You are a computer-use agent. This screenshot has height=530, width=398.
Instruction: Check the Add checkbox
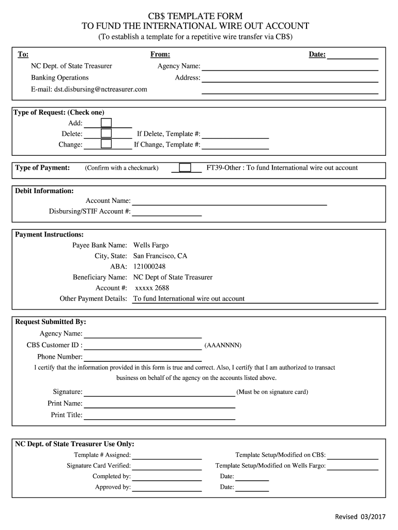(x=106, y=123)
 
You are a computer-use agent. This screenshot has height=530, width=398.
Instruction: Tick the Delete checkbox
(x=106, y=134)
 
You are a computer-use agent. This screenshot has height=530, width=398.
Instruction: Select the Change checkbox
(x=106, y=144)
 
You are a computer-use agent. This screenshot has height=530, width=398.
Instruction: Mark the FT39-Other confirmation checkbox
(x=185, y=168)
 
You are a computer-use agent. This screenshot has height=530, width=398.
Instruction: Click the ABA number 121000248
(x=149, y=267)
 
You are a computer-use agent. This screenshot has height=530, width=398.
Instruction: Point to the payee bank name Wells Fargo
(x=151, y=245)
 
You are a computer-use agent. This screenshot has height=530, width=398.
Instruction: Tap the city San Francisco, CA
(x=160, y=256)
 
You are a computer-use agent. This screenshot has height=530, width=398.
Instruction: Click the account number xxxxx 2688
(x=152, y=288)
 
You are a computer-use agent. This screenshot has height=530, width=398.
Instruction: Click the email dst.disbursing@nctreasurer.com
(x=89, y=89)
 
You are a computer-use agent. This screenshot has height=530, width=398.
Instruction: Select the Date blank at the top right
(x=353, y=55)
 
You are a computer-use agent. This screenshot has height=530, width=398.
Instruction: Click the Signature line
(x=159, y=392)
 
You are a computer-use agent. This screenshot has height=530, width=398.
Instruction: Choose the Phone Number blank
(x=142, y=357)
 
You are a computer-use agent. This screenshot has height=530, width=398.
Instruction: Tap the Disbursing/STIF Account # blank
(x=166, y=211)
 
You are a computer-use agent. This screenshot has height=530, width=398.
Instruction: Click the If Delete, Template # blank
(x=235, y=134)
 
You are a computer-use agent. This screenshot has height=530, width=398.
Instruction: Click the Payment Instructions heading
(x=49, y=234)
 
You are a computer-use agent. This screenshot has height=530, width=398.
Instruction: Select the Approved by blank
(x=166, y=487)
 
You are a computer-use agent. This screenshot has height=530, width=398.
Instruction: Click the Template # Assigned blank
(x=166, y=455)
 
